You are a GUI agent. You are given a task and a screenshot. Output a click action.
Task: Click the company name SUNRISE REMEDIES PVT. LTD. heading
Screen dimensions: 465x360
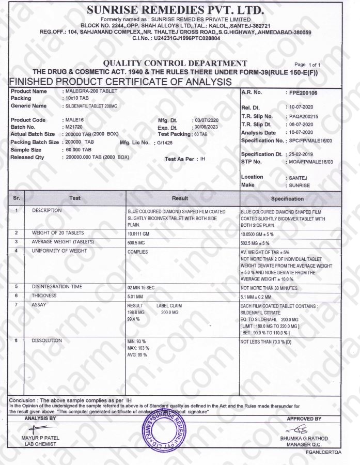pyautogui.click(x=176, y=10)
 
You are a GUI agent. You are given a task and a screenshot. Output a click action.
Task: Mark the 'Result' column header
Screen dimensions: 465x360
pyautogui.click(x=183, y=198)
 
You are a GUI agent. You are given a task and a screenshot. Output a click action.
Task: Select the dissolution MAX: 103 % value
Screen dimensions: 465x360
pyautogui.click(x=138, y=349)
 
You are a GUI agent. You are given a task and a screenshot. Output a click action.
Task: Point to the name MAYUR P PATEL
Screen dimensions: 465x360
pyautogui.click(x=42, y=439)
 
